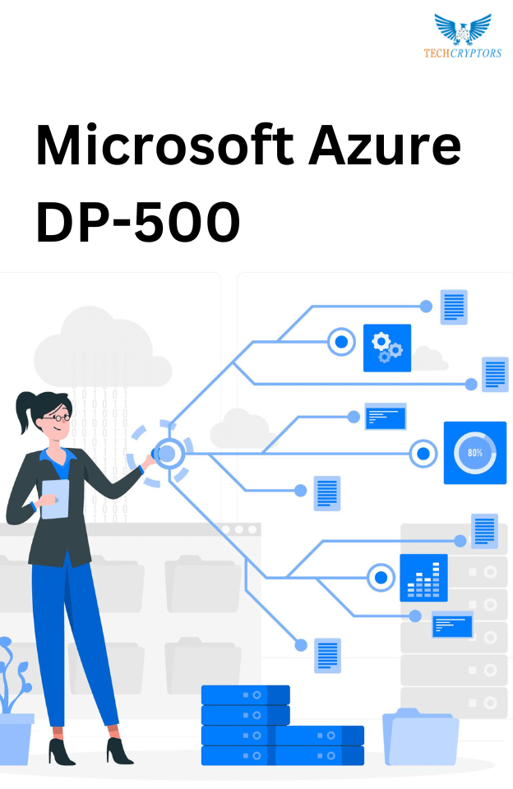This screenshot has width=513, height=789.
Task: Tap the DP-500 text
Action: [138, 222]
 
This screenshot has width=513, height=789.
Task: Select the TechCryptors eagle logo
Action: [463, 28]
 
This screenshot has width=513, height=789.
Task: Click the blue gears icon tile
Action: [387, 348]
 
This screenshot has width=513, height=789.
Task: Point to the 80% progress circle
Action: [474, 452]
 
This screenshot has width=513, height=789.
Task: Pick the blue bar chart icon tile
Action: [423, 577]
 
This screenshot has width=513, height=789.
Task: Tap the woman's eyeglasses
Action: [58, 418]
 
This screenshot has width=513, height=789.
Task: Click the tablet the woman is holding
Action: [55, 499]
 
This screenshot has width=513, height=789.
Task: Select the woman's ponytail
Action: [24, 411]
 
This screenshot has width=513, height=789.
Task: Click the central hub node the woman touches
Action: [167, 454]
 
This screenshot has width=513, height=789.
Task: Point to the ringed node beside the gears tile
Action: [341, 342]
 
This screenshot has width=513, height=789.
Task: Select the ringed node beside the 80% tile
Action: [423, 454]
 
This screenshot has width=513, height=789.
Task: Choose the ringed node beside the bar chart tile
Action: [381, 577]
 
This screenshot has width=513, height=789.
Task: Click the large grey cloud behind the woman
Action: [100, 347]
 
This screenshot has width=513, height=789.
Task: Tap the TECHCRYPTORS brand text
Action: [463, 53]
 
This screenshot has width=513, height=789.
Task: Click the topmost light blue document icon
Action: [454, 307]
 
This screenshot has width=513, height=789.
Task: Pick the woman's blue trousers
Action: [73, 639]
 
